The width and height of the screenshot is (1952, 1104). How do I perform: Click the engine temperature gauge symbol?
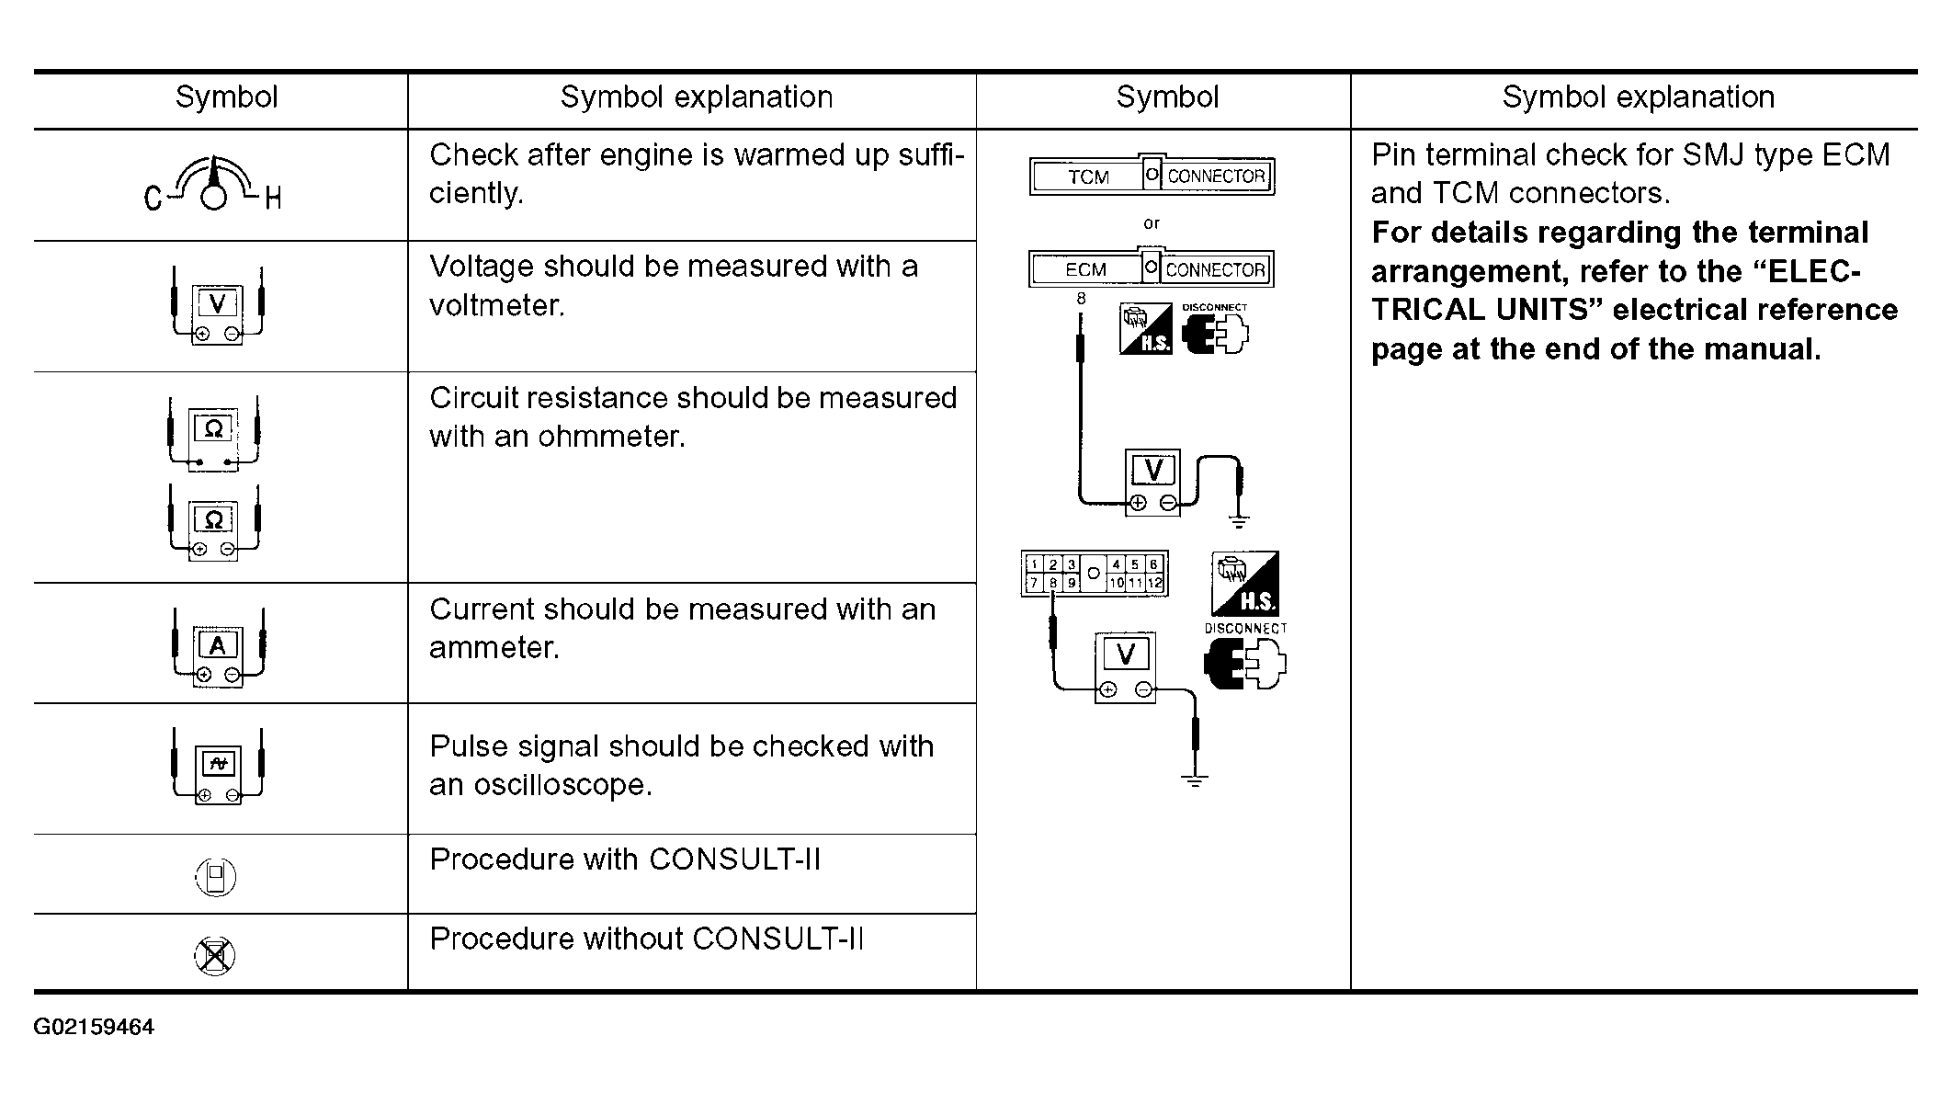(213, 184)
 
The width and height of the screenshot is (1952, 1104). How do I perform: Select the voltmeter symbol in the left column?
(218, 306)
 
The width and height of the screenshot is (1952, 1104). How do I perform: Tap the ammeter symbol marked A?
(218, 647)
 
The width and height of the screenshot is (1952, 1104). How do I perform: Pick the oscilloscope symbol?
(218, 766)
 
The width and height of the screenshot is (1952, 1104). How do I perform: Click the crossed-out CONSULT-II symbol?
(215, 956)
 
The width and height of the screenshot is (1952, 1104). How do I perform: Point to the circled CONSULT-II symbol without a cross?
(216, 876)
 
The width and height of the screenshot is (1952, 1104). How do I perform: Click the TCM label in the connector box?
(1088, 176)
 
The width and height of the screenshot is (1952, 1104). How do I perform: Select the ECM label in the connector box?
(1085, 270)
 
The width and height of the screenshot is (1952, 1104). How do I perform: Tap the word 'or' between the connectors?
(1152, 223)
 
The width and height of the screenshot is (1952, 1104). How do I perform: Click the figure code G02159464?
(94, 1027)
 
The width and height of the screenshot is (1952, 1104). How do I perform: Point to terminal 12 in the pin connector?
(1154, 583)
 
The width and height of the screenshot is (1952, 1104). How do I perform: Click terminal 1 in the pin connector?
(1034, 564)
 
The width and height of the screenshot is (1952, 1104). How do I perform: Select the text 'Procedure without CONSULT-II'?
(646, 939)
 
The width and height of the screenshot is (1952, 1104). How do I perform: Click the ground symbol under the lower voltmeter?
(1195, 781)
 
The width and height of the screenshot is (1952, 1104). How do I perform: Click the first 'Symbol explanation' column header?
(697, 97)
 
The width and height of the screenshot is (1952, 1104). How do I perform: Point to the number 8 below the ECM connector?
(1081, 299)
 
